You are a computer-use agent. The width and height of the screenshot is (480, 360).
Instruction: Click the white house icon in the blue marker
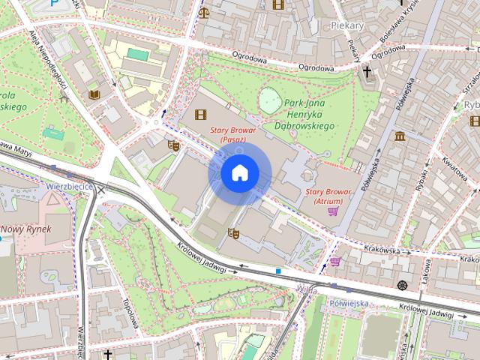point(239,173)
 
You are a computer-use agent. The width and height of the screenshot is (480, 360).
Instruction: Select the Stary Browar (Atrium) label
point(329,196)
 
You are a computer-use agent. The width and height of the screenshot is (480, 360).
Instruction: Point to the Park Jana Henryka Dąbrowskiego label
point(304,115)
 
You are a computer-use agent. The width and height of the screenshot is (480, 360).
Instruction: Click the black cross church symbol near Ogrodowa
point(367,73)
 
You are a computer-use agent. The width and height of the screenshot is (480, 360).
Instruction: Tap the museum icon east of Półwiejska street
point(399,136)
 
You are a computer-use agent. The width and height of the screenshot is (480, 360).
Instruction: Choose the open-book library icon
point(94,94)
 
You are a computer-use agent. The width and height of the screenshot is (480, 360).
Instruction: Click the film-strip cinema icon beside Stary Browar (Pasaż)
point(199,115)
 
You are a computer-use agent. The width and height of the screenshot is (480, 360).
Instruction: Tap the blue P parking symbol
point(55,4)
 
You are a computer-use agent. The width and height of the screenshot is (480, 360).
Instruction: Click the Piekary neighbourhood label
point(346,25)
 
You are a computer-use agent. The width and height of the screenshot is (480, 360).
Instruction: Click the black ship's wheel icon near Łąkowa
point(403,284)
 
